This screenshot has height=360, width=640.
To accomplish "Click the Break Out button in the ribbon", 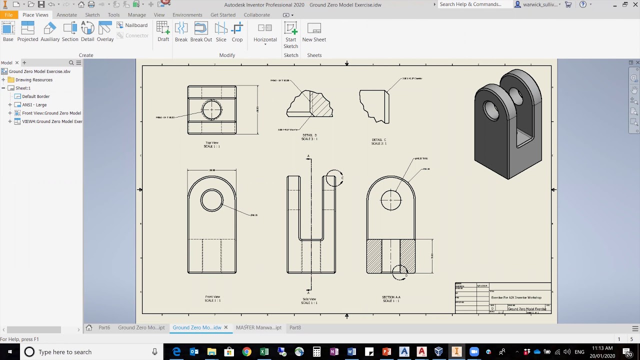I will pyautogui.click(x=201, y=32).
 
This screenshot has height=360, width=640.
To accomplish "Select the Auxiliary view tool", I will pyautogui.click(x=50, y=32).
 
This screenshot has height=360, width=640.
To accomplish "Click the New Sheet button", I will pyautogui.click(x=314, y=32).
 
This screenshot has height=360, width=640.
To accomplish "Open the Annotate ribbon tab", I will pyautogui.click(x=66, y=15).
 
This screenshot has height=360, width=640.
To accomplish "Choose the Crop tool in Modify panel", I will pyautogui.click(x=237, y=32).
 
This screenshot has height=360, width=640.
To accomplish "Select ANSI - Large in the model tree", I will pyautogui.click(x=34, y=105).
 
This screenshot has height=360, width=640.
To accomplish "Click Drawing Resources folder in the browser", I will pyautogui.click(x=33, y=80).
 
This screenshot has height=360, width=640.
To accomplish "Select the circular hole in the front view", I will pyautogui.click(x=212, y=200).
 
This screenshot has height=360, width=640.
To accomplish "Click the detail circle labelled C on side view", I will pyautogui.click(x=334, y=178).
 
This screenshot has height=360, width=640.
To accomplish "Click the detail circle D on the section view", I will pyautogui.click(x=399, y=272).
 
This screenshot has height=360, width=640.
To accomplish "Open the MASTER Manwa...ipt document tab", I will pyautogui.click(x=258, y=327).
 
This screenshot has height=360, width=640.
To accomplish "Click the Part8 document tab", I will pyautogui.click(x=295, y=327).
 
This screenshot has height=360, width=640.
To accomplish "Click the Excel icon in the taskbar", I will pyautogui.click(x=264, y=352).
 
